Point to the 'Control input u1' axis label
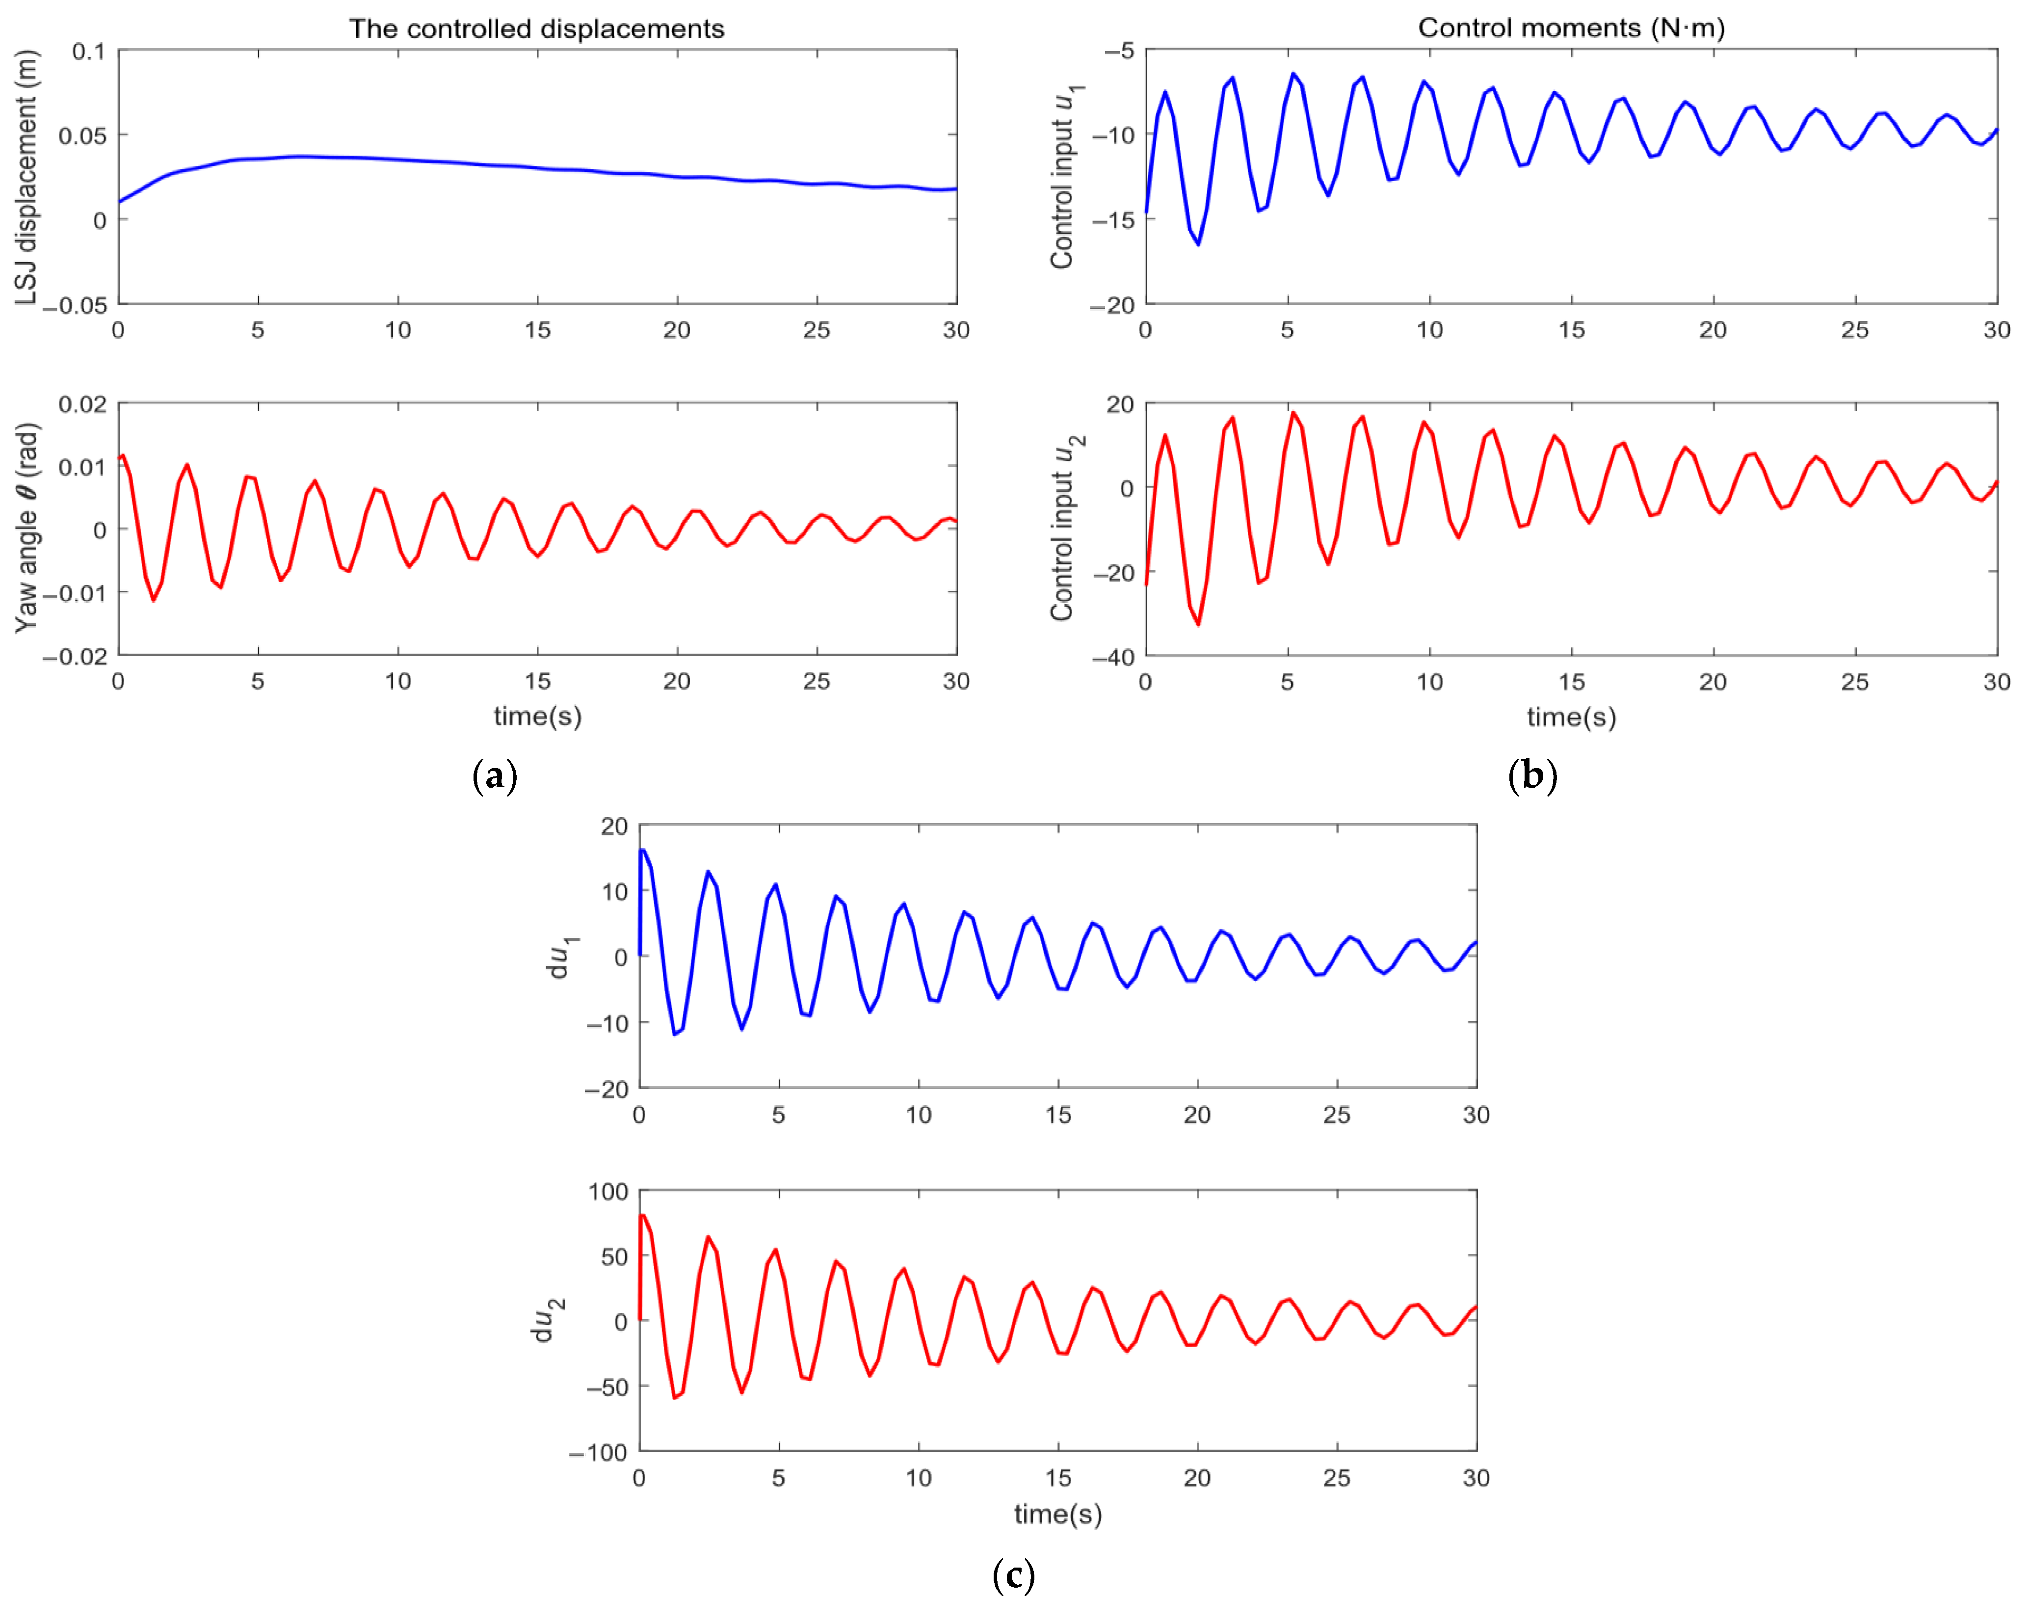1065,178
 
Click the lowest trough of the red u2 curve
1198,624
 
